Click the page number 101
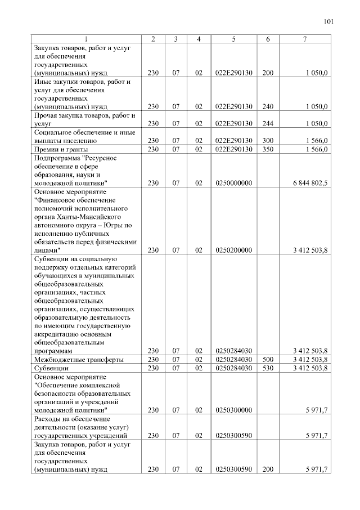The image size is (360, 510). pyautogui.click(x=329, y=23)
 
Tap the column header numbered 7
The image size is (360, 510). pyautogui.click(x=305, y=39)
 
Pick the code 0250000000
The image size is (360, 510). pyautogui.click(x=233, y=183)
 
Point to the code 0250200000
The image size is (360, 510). pyautogui.click(x=233, y=249)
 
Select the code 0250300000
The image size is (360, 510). pyautogui.click(x=233, y=410)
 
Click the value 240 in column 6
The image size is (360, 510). pyautogui.click(x=268, y=106)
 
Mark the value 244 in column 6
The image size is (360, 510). pyautogui.click(x=268, y=123)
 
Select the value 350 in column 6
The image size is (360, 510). pyautogui.click(x=268, y=149)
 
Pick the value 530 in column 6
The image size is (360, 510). pyautogui.click(x=268, y=368)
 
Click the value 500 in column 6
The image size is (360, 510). pyautogui.click(x=268, y=359)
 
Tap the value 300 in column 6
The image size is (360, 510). pyautogui.click(x=268, y=141)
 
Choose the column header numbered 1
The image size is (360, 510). pyautogui.click(x=85, y=39)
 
